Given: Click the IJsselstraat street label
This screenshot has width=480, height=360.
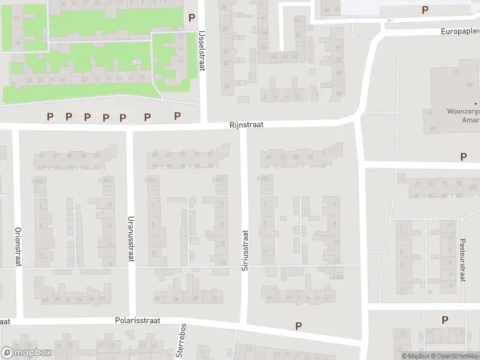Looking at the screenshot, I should pyautogui.click(x=202, y=52).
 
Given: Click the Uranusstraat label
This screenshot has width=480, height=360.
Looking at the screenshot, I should pyautogui.click(x=130, y=238).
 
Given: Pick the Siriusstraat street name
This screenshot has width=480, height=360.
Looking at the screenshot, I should pyautogui.click(x=245, y=250).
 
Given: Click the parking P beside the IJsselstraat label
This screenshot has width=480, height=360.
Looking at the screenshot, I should pyautogui.click(x=192, y=19).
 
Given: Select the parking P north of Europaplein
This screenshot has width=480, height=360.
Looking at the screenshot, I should pyautogui.click(x=425, y=10).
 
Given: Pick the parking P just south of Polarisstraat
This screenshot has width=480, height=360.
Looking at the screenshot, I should pyautogui.click(x=298, y=326).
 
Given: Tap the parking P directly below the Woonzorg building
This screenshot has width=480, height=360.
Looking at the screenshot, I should pyautogui.click(x=463, y=157).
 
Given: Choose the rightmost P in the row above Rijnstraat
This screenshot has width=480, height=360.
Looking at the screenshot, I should pyautogui.click(x=177, y=116).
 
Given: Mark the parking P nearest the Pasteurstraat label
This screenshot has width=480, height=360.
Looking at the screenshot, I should pyautogui.click(x=445, y=320).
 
